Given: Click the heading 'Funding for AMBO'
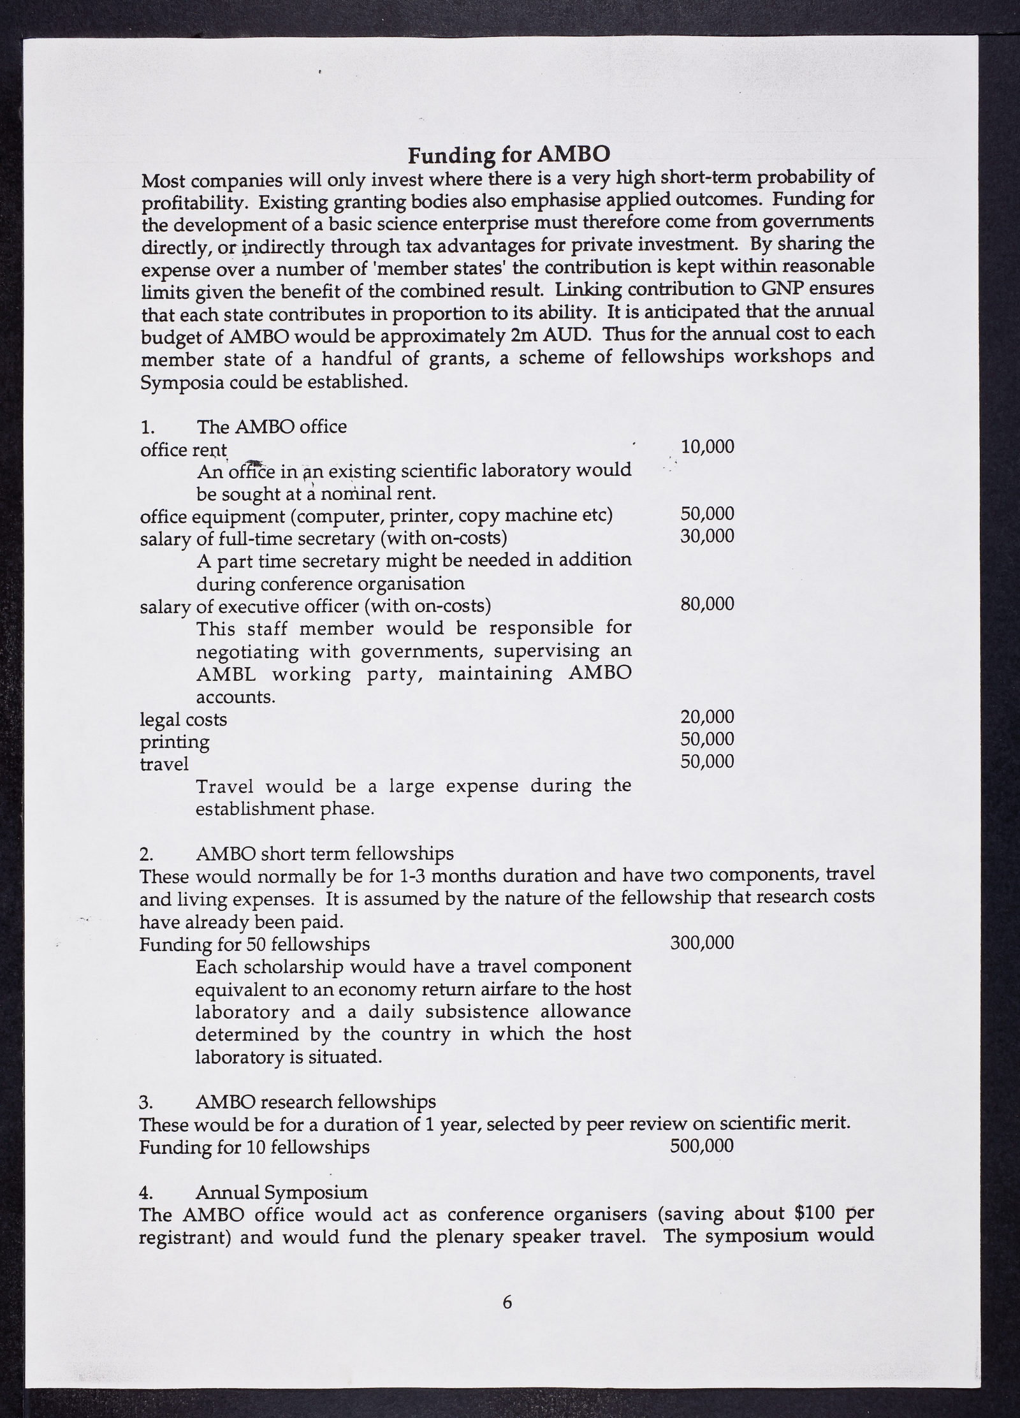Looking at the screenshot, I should (509, 155).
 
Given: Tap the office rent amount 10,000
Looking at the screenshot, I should (708, 446).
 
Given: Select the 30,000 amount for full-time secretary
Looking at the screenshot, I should (708, 536).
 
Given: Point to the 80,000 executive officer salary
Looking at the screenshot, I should (708, 603).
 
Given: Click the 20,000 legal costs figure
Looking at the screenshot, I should (708, 717).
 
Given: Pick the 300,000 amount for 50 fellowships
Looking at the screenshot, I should (702, 942).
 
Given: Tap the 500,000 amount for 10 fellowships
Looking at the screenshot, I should (702, 1146).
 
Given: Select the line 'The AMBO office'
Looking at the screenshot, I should (272, 427).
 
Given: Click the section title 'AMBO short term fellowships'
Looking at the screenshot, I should (325, 853).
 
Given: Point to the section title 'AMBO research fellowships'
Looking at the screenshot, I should (316, 1101).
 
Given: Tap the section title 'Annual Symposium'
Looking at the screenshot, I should (282, 1192).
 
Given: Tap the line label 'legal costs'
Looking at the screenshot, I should (184, 720).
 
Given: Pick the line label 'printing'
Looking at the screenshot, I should (175, 742).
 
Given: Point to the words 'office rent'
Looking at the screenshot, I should (184, 450).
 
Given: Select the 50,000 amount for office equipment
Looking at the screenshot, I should (708, 513).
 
